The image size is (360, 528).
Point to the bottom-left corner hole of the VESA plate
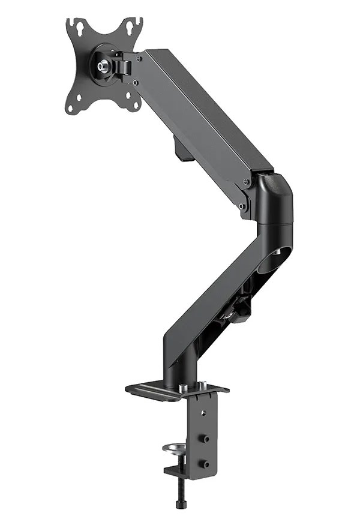(71, 108)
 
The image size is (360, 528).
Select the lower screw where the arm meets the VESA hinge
(136, 82)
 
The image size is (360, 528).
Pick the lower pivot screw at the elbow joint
(241, 206)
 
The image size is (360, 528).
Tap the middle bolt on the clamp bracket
(206, 439)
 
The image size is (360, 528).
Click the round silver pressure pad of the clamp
(174, 448)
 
